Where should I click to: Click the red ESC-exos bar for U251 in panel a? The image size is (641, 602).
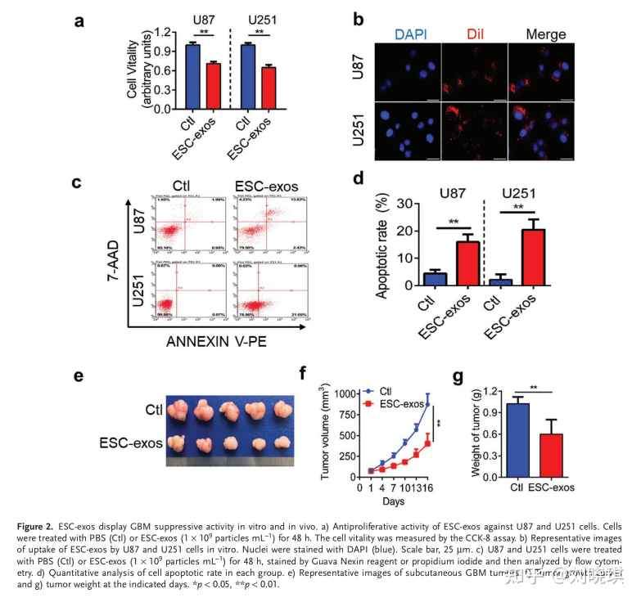[x=268, y=88]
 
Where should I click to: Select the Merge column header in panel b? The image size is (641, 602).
[x=541, y=34]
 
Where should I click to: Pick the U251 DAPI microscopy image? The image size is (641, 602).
[x=408, y=131]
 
